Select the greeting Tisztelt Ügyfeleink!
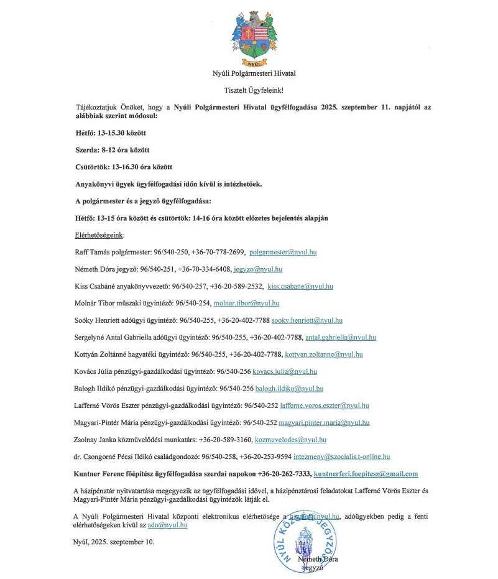coord(254,90)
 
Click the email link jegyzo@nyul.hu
coord(258,269)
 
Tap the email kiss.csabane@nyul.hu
coord(300,287)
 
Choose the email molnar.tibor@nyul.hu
coord(246,303)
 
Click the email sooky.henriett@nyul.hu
coord(307,320)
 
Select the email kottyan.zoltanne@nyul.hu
coord(324,354)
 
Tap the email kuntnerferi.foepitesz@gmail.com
coord(366,474)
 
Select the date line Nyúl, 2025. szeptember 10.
coord(114,542)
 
